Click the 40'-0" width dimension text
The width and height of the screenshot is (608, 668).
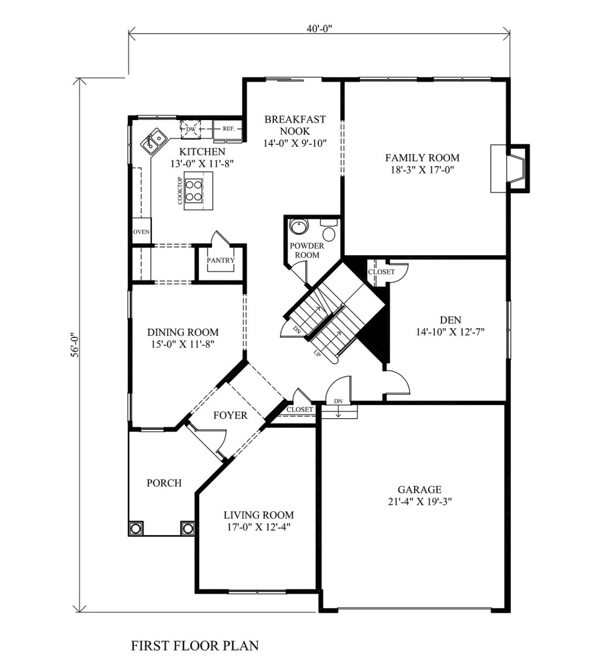(319, 29)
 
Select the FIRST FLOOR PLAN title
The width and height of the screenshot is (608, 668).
(194, 645)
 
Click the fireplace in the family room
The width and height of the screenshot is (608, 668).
(510, 168)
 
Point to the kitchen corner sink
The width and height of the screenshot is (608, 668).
(153, 141)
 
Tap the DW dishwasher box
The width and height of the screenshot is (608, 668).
(190, 129)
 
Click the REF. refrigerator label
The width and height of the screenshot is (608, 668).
(229, 129)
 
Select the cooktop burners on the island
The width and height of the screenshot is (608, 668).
(194, 190)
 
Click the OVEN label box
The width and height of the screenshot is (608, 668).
(141, 232)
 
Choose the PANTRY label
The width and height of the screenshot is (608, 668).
(220, 260)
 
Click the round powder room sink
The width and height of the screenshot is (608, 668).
(297, 226)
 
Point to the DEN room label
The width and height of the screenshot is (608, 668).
(450, 320)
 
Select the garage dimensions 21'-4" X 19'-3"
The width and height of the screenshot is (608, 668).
(419, 502)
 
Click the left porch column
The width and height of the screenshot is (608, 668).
(136, 528)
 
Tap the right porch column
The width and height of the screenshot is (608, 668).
(187, 528)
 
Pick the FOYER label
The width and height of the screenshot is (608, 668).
(230, 416)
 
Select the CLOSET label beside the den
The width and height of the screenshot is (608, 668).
(382, 272)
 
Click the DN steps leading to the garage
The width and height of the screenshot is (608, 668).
(339, 412)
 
